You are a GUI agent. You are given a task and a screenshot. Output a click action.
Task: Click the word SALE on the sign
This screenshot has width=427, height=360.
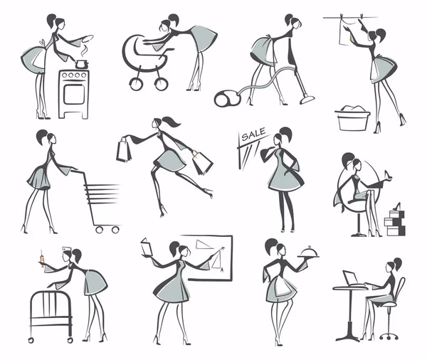[x=253, y=134]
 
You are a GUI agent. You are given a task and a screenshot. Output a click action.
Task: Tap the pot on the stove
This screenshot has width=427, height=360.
[x=81, y=65]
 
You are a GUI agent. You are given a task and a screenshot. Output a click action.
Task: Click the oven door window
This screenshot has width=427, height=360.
[x=74, y=94]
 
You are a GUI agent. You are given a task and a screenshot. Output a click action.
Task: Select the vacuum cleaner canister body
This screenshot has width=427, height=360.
[x=227, y=99]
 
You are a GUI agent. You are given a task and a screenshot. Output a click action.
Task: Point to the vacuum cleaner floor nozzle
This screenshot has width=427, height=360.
[x=307, y=99]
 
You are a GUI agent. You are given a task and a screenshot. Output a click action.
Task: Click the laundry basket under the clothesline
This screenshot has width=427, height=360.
[x=352, y=118]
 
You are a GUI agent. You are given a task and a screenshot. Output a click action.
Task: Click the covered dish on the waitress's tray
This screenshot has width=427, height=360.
[x=308, y=252]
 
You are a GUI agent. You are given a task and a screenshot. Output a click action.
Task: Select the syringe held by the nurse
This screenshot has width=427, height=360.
[x=42, y=258]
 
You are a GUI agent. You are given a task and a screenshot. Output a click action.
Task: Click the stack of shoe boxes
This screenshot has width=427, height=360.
[x=394, y=222]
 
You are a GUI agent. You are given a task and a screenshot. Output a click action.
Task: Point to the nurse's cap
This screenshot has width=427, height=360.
[x=66, y=249]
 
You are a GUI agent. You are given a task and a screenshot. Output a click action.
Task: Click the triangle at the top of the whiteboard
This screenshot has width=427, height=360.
[x=204, y=244]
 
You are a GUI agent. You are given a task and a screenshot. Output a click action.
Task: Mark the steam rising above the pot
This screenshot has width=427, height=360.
[x=85, y=51]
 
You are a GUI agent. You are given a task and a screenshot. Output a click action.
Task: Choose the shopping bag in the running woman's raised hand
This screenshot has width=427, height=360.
[x=123, y=149]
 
